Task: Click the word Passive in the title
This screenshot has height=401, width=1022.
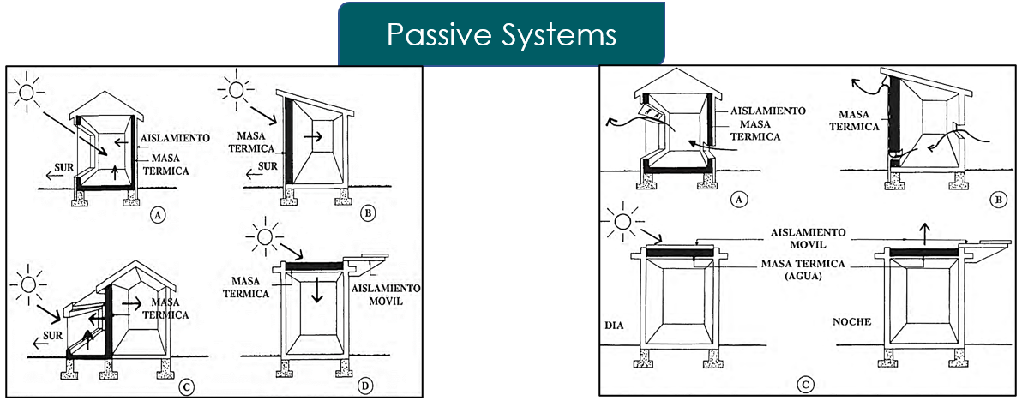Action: click(x=430, y=34)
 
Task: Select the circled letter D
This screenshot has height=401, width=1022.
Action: click(x=366, y=386)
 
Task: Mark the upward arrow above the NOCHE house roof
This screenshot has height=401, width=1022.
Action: click(x=923, y=231)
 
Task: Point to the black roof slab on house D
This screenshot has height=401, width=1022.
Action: click(x=314, y=266)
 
